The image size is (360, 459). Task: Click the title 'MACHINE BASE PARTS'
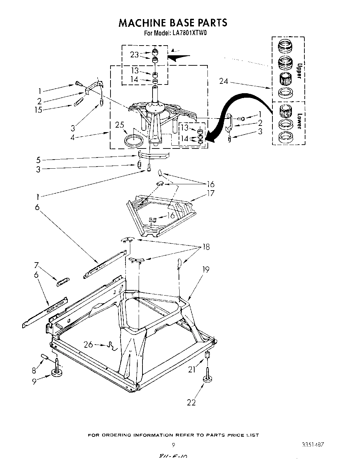tap(173, 23)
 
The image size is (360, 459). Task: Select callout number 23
tap(134, 55)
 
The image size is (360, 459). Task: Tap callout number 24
tap(224, 81)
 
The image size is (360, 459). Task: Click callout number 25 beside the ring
tap(120, 124)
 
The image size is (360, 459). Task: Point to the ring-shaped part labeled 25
tap(134, 140)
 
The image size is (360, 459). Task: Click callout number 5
tap(39, 160)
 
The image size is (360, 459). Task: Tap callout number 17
tap(210, 193)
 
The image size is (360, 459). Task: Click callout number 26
tap(88, 345)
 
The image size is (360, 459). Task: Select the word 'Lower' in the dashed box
tap(298, 121)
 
